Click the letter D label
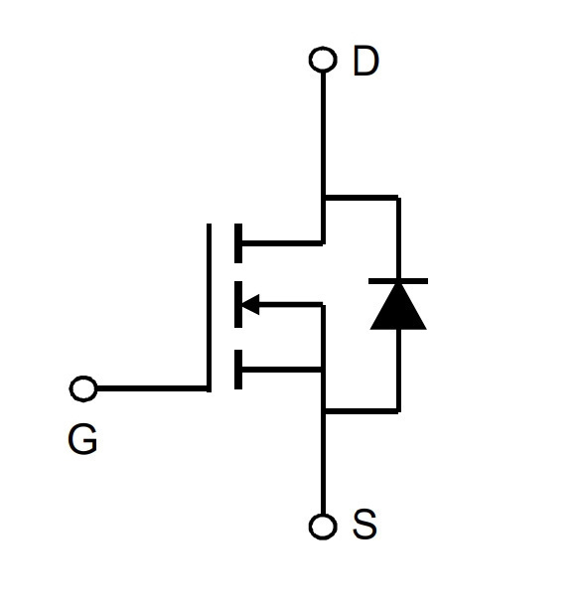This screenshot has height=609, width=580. (x=365, y=61)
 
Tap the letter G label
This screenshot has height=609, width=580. (x=82, y=439)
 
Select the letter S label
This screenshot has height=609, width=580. (x=364, y=524)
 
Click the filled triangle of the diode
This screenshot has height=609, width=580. (x=398, y=307)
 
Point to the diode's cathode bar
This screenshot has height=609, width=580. (x=398, y=281)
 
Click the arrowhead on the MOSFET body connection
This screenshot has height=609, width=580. (x=250, y=304)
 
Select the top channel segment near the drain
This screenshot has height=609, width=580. (x=238, y=243)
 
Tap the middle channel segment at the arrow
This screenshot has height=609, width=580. (x=238, y=304)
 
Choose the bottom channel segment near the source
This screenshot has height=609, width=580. (x=238, y=370)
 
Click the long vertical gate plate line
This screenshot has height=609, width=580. (x=209, y=308)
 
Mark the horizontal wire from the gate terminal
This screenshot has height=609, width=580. (x=151, y=388)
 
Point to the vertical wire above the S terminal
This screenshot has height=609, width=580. (x=323, y=464)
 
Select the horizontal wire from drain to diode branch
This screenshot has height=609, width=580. (x=362, y=198)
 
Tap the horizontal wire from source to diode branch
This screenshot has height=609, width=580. (x=362, y=411)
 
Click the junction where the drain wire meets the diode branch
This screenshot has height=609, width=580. (x=323, y=198)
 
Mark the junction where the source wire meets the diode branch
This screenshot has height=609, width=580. (x=323, y=411)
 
